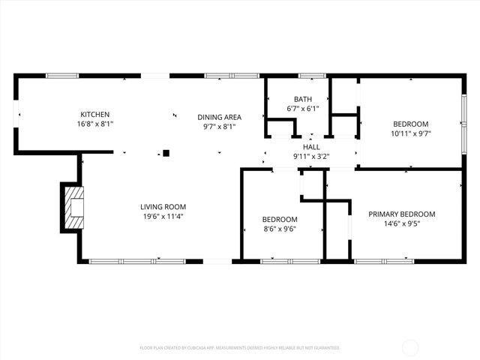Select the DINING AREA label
[x=219, y=117]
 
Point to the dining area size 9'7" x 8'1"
[x=219, y=127]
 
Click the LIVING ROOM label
[x=163, y=206]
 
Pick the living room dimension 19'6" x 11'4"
[x=163, y=216]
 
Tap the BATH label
[x=303, y=99]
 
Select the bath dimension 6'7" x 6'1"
[x=303, y=109]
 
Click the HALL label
[x=311, y=148]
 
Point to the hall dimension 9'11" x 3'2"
[x=311, y=157]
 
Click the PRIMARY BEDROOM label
[x=401, y=214]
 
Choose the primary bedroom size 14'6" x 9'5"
[x=401, y=223]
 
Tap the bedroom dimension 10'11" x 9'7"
[x=410, y=133]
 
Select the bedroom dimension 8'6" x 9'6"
[x=279, y=229]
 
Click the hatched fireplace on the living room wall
[x=74, y=205]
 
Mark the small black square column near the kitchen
[x=166, y=153]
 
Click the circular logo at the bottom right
[x=410, y=347]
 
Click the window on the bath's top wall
[x=312, y=76]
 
